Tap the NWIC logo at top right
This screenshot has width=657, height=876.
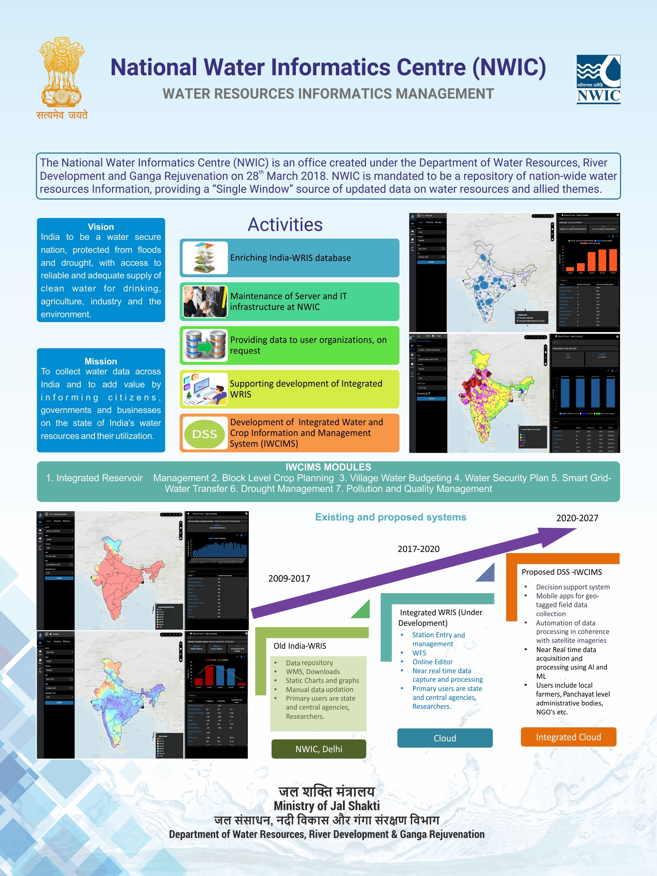coord(598,79)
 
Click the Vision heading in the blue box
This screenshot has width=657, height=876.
coord(100,227)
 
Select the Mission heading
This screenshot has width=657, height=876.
coord(100,361)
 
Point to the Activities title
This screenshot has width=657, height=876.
coord(285,225)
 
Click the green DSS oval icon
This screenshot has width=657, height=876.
coord(204,434)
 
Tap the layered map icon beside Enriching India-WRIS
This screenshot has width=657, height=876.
coord(205,258)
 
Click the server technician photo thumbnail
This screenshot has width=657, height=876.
coord(205,301)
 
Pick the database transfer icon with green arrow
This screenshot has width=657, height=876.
coord(205,345)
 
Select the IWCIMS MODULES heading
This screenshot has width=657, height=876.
coord(328,467)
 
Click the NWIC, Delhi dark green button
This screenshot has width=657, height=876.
coord(318,749)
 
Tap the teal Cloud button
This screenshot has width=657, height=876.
coord(445,738)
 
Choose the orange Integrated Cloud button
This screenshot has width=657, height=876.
coord(568,737)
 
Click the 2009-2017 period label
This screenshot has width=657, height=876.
coord(289,578)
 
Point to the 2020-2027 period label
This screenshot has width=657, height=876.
coord(577,518)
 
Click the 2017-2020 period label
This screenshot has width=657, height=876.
coord(418,549)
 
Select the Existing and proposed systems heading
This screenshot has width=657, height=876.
coord(390,517)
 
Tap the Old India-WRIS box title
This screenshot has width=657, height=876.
coord(300,646)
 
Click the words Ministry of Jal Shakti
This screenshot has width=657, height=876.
coord(327,806)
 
